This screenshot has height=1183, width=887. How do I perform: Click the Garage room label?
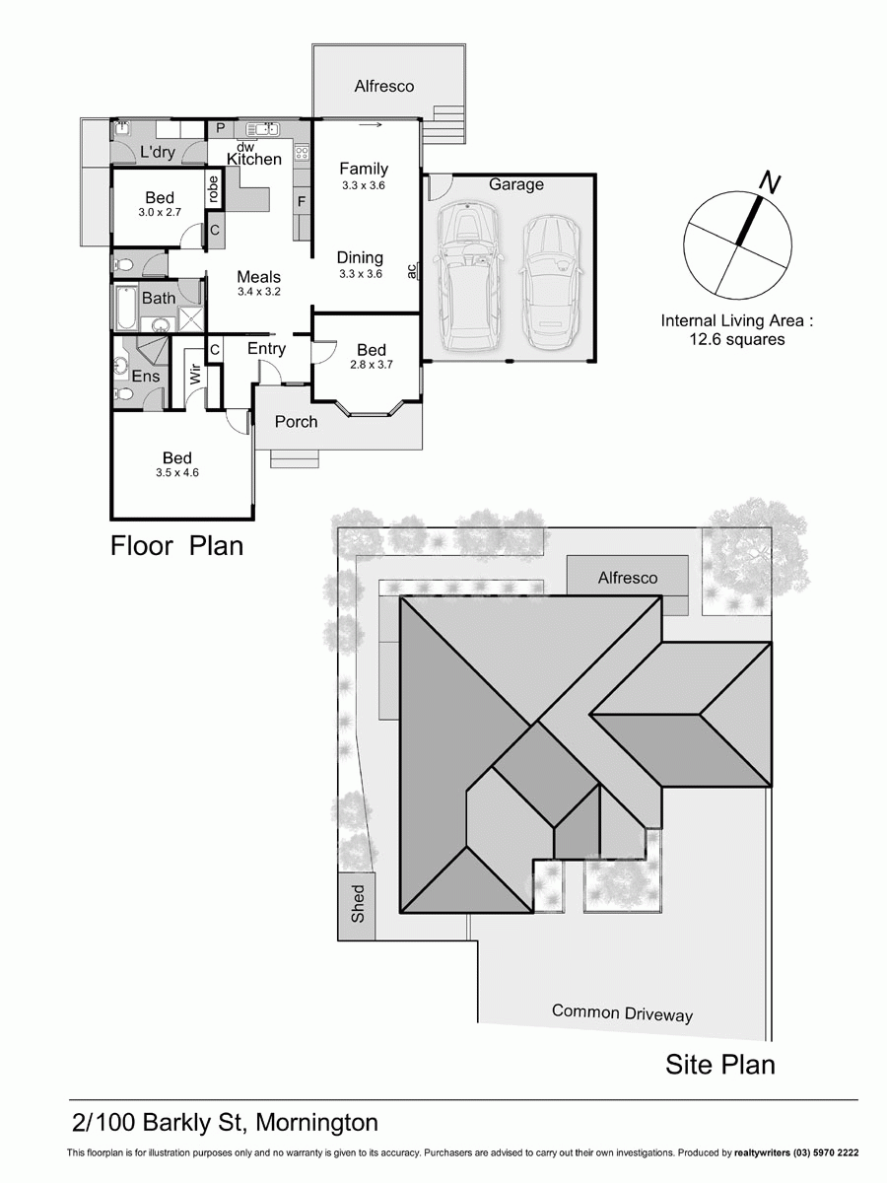pyautogui.click(x=515, y=184)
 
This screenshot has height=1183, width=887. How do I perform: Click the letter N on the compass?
pyautogui.click(x=772, y=183)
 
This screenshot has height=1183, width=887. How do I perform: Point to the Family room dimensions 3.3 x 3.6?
pyautogui.click(x=363, y=185)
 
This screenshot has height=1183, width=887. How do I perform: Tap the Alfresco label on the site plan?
pyautogui.click(x=627, y=578)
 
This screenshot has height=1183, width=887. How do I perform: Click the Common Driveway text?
pyautogui.click(x=622, y=1012)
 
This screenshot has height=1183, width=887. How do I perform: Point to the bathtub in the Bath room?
pyautogui.click(x=124, y=309)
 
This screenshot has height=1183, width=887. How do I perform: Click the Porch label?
pyautogui.click(x=296, y=422)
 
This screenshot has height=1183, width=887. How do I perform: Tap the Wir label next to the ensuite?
pyautogui.click(x=195, y=375)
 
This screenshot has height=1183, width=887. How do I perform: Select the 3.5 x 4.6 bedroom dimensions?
pyautogui.click(x=177, y=473)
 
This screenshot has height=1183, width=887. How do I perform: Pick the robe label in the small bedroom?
pyautogui.click(x=212, y=189)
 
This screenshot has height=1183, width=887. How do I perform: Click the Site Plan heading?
pyautogui.click(x=719, y=1065)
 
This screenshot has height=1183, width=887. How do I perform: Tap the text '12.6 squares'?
pyautogui.click(x=737, y=339)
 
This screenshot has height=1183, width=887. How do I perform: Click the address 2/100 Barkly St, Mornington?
pyautogui.click(x=226, y=1122)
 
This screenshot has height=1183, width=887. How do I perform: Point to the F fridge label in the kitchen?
pyautogui.click(x=302, y=201)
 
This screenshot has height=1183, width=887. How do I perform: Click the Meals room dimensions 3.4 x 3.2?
pyautogui.click(x=259, y=292)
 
